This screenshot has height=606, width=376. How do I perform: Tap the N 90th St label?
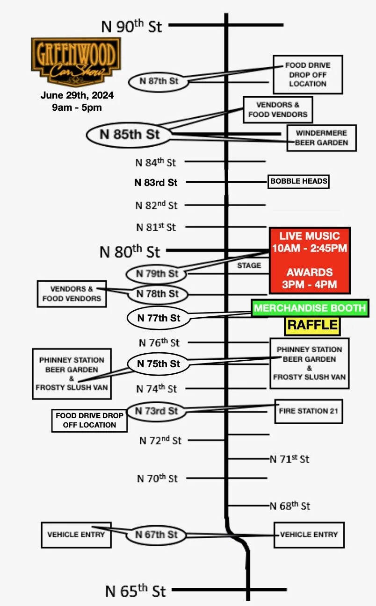(x=132, y=26)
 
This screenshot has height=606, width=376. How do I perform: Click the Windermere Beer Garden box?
(x=322, y=138)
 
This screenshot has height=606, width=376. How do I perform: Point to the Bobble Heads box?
(x=298, y=181)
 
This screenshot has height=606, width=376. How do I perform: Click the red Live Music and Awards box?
(x=310, y=260)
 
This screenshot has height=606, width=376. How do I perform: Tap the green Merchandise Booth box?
(x=310, y=308)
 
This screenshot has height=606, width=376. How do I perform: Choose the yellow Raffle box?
(x=312, y=325)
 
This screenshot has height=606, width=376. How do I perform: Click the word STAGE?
(x=249, y=265)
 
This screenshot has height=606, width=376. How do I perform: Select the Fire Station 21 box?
(x=308, y=411)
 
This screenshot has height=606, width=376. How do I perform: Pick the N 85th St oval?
(x=130, y=135)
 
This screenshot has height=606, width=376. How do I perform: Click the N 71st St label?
(x=290, y=459)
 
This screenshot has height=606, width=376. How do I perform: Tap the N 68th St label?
(x=290, y=506)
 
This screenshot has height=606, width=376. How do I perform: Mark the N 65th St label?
(x=136, y=591)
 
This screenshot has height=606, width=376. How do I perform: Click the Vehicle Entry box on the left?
(x=76, y=535)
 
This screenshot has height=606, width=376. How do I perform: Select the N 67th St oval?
(x=156, y=535)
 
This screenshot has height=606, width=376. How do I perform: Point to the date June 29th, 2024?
(x=77, y=95)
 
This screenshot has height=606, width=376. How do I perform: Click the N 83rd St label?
(x=156, y=183)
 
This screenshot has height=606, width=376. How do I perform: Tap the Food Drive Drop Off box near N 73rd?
(x=89, y=420)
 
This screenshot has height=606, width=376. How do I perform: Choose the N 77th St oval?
(x=159, y=318)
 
